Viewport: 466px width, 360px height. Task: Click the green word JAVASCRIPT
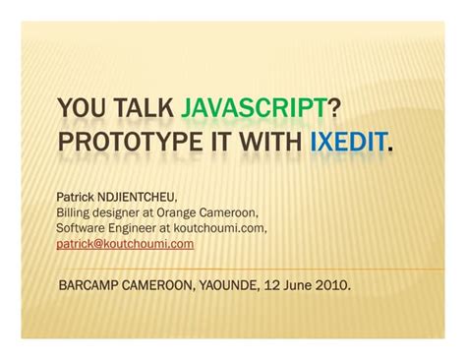point(255,107)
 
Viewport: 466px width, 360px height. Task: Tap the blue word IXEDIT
point(348,142)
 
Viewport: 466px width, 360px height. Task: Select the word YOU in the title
point(82,107)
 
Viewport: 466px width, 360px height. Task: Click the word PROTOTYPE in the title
point(130,142)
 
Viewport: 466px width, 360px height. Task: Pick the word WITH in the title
point(270,142)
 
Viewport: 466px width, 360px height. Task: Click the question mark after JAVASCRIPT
point(333,107)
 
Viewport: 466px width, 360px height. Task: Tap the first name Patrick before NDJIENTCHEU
point(76,198)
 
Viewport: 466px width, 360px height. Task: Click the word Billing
point(73,213)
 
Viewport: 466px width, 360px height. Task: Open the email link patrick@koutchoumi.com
point(125,244)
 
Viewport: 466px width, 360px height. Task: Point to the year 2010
point(331,285)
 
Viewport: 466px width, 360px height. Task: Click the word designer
point(116,213)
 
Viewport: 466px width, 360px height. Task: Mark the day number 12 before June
point(272,285)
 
